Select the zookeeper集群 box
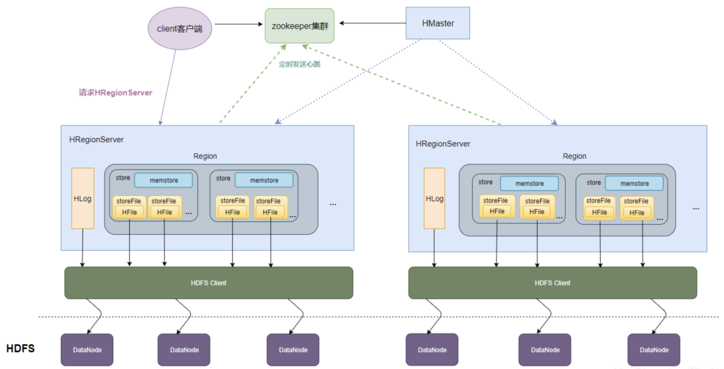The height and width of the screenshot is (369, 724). [x=299, y=25]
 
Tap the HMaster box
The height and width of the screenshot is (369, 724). [x=438, y=24]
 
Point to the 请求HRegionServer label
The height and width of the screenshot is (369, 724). [x=116, y=93]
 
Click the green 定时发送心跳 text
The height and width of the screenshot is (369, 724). [x=300, y=64]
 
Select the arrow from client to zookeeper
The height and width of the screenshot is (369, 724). [x=238, y=25]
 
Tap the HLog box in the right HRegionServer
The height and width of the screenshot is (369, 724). [x=434, y=198]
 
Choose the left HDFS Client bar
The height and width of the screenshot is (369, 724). [x=208, y=282]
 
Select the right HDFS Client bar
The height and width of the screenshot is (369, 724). [x=552, y=282]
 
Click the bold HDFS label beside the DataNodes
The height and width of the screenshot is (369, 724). [x=20, y=349]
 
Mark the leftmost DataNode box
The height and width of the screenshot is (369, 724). [x=87, y=350]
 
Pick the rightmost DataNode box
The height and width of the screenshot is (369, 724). [x=654, y=350]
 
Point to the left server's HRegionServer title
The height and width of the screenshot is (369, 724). [x=97, y=140]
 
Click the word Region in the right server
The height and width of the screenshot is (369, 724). [x=575, y=156]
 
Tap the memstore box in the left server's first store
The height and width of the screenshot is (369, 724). [x=163, y=180]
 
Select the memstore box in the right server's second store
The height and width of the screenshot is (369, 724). [x=634, y=183]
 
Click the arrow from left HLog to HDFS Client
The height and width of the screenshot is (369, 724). [x=82, y=247]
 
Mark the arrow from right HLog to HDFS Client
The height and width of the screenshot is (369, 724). [x=434, y=248]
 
